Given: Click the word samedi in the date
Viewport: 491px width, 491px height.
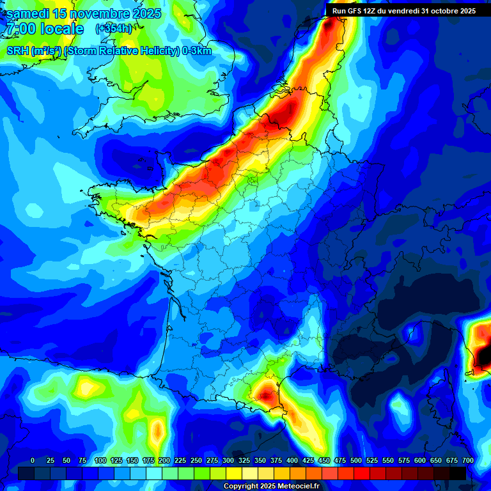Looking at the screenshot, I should [x=29, y=13].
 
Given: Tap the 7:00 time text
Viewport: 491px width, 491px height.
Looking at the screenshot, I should [x=21, y=29].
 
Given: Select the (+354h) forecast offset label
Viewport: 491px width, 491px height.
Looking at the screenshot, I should [x=114, y=29].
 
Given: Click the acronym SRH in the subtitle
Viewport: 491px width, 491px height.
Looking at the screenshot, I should [x=17, y=51].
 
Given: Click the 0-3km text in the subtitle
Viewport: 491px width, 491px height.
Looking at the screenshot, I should [x=196, y=51].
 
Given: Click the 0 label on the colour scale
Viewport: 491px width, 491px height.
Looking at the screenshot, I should [x=33, y=461].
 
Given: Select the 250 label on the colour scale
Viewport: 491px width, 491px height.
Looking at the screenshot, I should [x=196, y=461].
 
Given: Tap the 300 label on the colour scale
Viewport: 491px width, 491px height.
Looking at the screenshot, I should [x=228, y=461].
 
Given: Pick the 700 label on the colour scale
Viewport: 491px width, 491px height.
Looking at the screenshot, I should [x=467, y=461].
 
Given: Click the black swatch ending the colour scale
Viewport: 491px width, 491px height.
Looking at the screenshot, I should [x=458, y=473].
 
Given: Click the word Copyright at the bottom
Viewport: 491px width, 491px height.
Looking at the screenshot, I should [x=241, y=487].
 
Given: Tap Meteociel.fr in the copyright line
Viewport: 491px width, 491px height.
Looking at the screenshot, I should [x=297, y=487].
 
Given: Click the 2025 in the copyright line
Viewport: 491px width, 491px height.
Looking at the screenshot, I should [x=268, y=487].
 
